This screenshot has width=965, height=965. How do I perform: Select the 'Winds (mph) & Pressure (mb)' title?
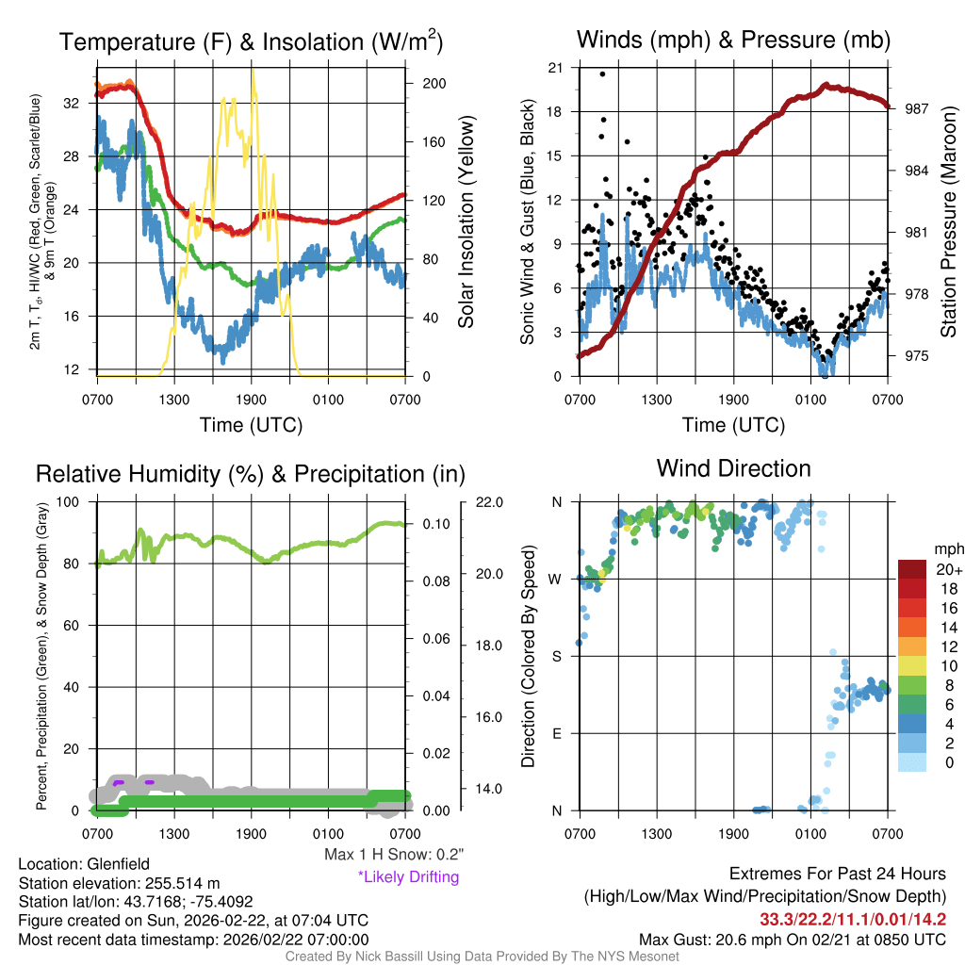tap(733, 40)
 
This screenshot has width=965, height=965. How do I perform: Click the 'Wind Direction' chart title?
tap(733, 467)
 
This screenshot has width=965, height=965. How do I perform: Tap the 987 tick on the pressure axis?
tap(918, 108)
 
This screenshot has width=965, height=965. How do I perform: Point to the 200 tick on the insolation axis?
tap(434, 84)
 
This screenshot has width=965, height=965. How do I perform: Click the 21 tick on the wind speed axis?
tap(556, 68)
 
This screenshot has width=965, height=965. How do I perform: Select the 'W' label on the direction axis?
tap(557, 579)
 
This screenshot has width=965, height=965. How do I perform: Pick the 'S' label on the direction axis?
tap(557, 656)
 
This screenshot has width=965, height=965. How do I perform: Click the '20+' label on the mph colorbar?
tap(946, 570)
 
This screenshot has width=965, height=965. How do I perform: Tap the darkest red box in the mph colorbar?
tap(912, 568)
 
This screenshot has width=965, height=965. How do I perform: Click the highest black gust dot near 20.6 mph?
tap(602, 74)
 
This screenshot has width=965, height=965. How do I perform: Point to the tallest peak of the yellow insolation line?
tap(253, 70)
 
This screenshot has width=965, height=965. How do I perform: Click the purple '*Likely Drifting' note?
tap(408, 876)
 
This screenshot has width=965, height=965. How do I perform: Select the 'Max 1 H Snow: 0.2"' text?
tap(394, 855)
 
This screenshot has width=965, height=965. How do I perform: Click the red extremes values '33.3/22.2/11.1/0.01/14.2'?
tap(853, 920)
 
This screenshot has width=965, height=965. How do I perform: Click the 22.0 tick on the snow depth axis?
tap(488, 501)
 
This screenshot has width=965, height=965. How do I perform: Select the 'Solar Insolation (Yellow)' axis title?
tap(466, 222)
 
